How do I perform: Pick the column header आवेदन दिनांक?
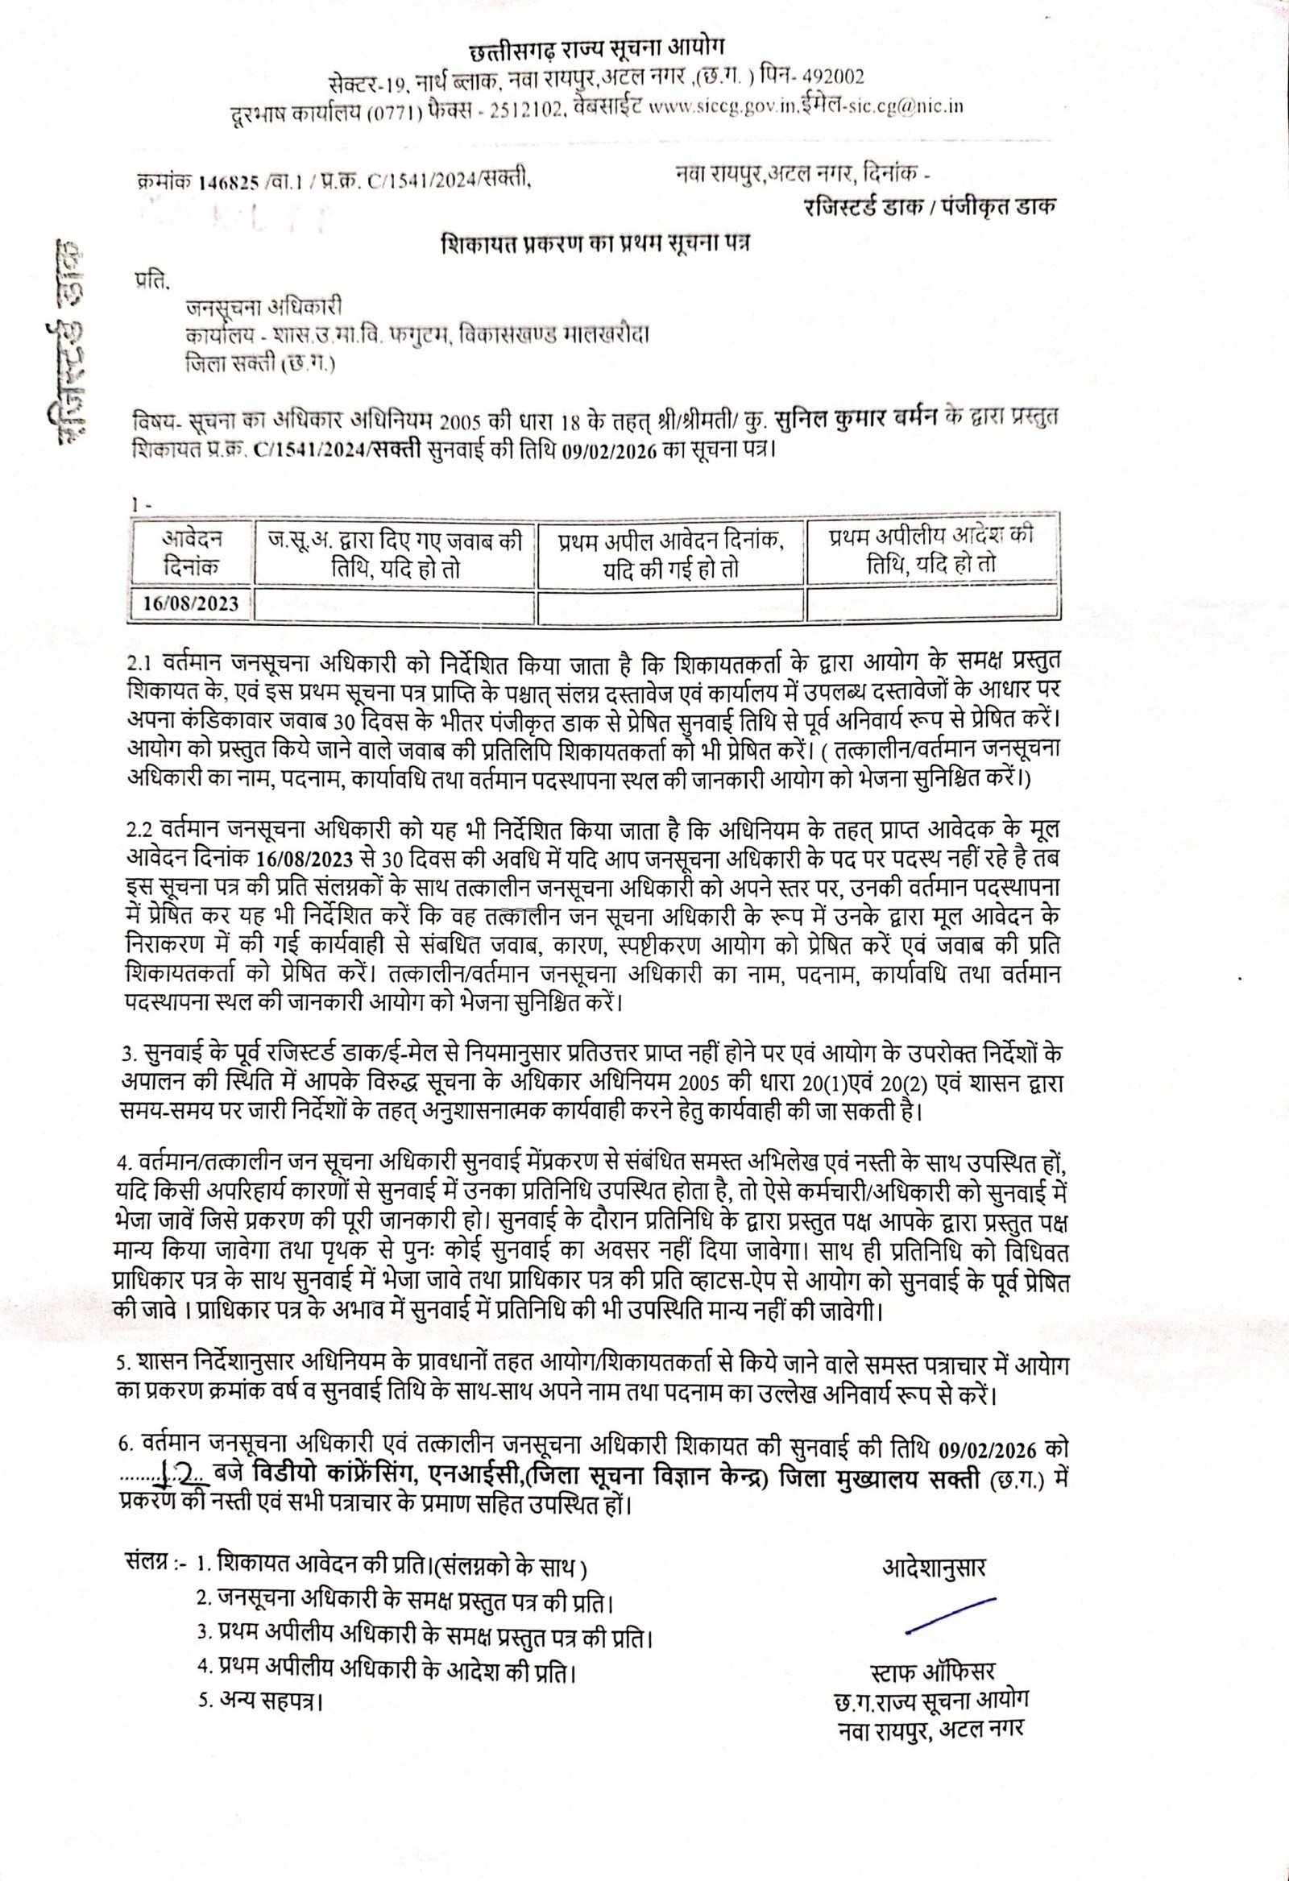click(192, 553)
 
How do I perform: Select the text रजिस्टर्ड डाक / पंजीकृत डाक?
click(930, 206)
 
